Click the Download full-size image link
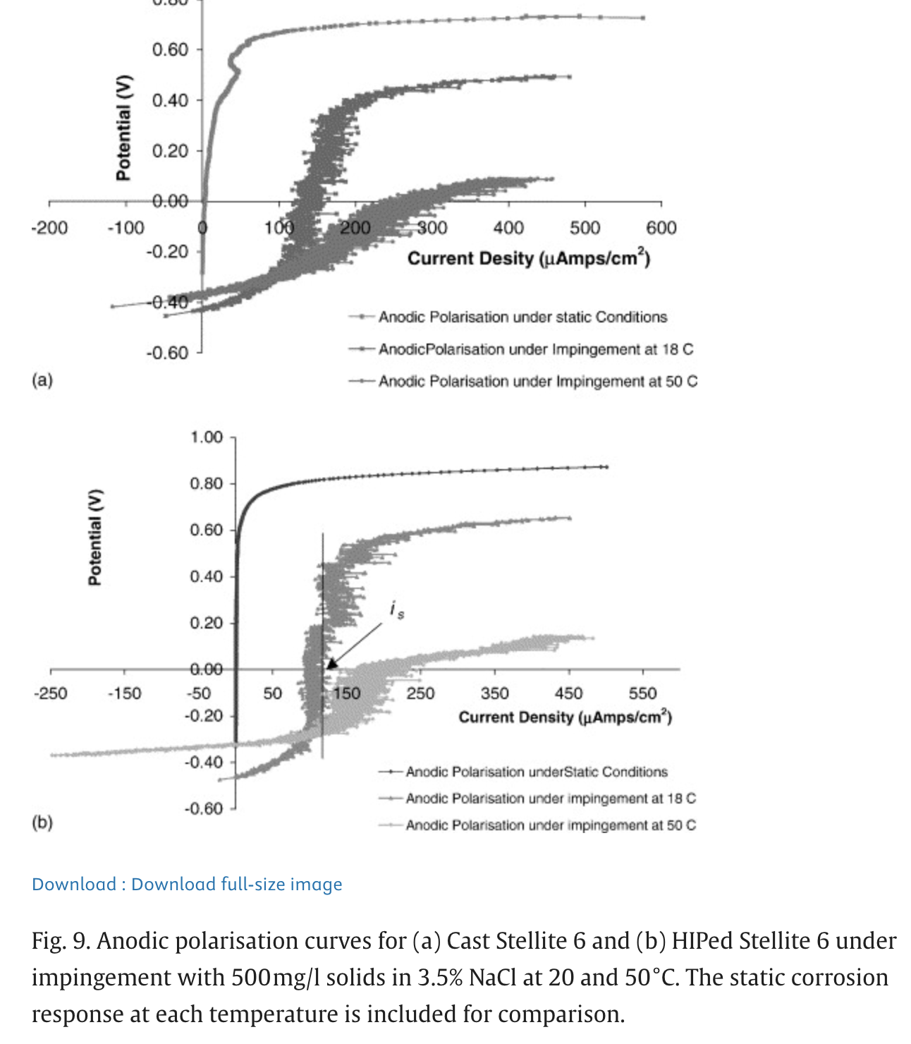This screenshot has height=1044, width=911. point(187,884)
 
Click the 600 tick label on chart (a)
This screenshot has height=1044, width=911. point(661,228)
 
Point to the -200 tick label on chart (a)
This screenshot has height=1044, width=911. point(49,228)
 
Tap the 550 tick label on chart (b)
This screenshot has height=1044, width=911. point(642,693)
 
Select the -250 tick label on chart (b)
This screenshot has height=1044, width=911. point(50,693)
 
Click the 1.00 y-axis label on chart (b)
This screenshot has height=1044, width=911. point(206,437)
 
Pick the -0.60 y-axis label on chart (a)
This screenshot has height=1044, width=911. point(167,352)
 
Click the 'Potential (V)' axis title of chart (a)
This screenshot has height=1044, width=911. point(123,127)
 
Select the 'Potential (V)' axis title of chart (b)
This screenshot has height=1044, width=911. point(94,537)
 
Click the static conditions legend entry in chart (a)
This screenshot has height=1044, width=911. point(522,317)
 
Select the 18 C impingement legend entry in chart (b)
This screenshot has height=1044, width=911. point(550,798)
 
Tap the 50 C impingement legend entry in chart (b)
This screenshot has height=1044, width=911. point(550,825)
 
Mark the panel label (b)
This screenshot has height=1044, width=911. point(42,822)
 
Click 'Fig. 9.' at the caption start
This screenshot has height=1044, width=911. point(61,941)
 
